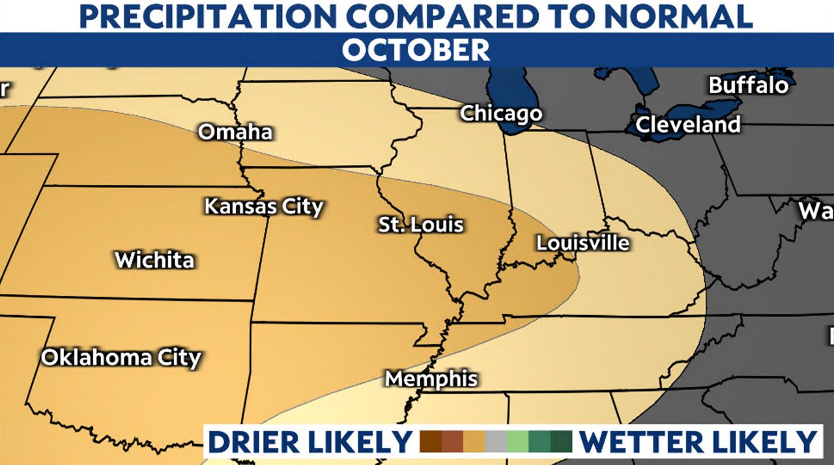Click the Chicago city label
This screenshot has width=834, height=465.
(500, 113)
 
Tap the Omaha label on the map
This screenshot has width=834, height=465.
(235, 132)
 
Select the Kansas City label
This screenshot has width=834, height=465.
(264, 207)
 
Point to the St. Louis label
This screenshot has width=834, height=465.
(421, 225)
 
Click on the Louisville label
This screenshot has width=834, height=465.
(582, 243)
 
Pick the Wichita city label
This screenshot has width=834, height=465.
(154, 260)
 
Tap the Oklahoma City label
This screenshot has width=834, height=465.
(121, 358)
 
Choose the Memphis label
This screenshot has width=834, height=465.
(431, 379)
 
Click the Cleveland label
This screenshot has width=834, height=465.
(688, 124)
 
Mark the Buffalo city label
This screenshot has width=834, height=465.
(749, 85)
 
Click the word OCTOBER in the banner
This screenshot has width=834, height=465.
(416, 50)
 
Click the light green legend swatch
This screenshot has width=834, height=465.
(518, 442)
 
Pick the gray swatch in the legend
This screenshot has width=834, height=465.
(496, 442)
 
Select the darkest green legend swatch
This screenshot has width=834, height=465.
(561, 442)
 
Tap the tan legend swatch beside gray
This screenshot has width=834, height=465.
(474, 442)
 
